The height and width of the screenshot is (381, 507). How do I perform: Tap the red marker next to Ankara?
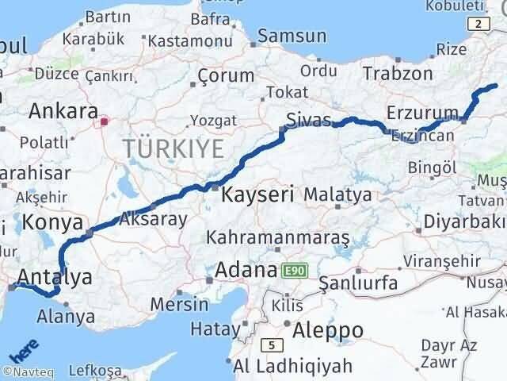pos(104,122)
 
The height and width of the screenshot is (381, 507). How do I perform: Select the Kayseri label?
pos(258,194)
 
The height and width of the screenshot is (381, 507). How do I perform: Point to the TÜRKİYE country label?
pos(172,148)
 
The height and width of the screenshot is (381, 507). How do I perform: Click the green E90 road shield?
pos(294,271)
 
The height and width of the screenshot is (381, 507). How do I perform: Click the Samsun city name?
pos(292,36)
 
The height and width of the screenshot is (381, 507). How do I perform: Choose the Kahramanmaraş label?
pos(278,237)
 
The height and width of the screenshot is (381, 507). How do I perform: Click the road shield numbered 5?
pos(272,344)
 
